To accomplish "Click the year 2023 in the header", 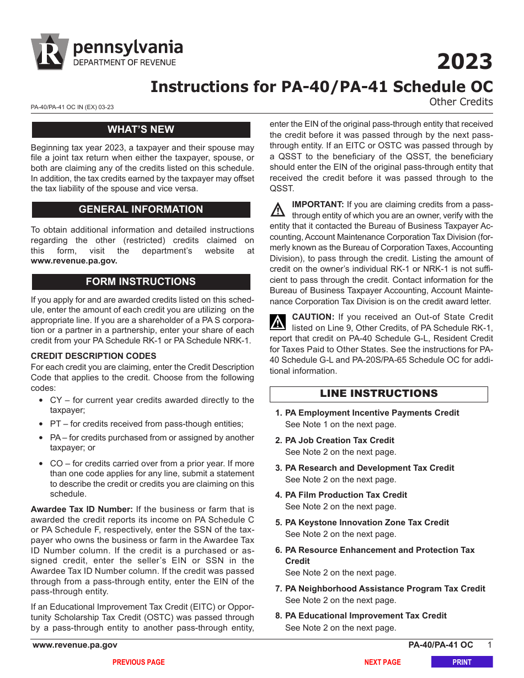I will coord(464,62).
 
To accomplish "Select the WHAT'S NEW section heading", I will coord(141,130).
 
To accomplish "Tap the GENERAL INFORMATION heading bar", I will coord(141,209).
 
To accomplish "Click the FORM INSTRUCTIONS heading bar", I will coord(141,282).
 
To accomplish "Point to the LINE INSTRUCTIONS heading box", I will coord(378,394).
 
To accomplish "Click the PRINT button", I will coord(462,662).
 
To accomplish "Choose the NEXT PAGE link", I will coord(382,662).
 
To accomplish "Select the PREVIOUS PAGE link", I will coord(138,662).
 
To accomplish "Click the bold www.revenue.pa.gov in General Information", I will coord(74,261).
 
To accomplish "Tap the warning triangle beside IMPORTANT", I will coord(278,210).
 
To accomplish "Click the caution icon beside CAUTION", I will coord(278,322).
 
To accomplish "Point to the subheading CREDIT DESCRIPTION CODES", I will coord(93,356).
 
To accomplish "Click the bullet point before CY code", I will coord(42,401).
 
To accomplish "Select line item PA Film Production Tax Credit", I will coord(346,495).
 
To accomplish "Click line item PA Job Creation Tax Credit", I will coord(339,440).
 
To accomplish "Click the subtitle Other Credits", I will coord(461,101).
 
